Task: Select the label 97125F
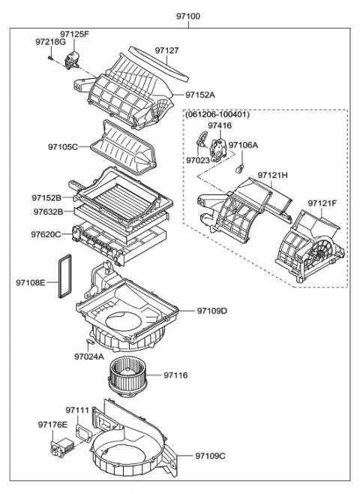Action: click(74, 35)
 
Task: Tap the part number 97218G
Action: click(50, 43)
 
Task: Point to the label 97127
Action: click(166, 51)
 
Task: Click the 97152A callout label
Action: click(199, 95)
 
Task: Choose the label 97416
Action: click(220, 125)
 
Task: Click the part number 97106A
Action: click(243, 145)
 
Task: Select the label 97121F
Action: click(322, 203)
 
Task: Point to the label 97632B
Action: click(47, 212)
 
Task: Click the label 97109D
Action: click(212, 310)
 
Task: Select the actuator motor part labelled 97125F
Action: click(74, 59)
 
